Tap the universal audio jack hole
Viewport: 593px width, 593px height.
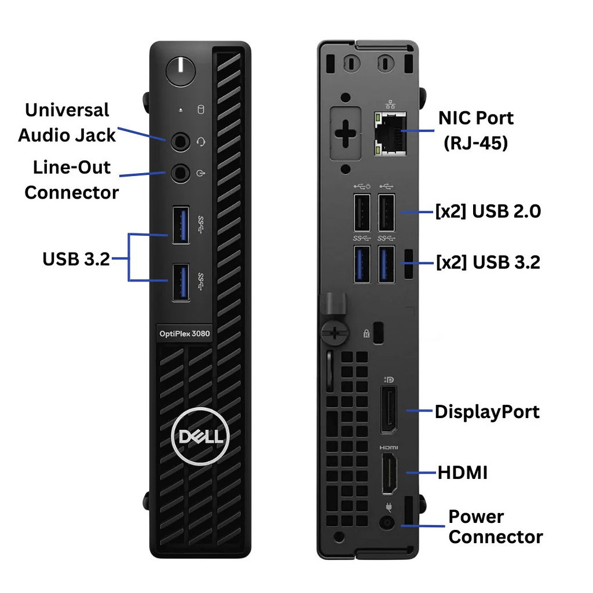point(181,142)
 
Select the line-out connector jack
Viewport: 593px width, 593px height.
point(181,173)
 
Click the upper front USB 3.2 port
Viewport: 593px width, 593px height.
point(181,225)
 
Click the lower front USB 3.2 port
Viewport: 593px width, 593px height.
point(181,282)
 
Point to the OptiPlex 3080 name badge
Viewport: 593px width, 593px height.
point(185,334)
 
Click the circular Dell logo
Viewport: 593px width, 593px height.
point(200,437)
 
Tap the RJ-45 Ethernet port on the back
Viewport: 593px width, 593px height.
point(390,134)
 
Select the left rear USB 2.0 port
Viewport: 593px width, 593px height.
point(362,212)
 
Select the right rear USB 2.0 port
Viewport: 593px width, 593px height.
point(386,212)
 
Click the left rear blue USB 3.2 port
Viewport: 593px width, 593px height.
point(362,264)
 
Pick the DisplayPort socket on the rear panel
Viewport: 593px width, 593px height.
point(389,409)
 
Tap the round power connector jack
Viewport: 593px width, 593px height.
point(387,524)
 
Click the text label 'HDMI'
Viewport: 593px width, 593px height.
point(463,473)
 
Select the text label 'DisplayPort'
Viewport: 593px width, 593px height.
point(487,412)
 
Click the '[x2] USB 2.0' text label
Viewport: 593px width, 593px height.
point(488,211)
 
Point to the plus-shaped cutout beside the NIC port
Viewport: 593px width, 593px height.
point(345,134)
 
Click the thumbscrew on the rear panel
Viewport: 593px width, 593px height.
point(334,333)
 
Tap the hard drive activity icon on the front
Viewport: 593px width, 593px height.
point(201,109)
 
